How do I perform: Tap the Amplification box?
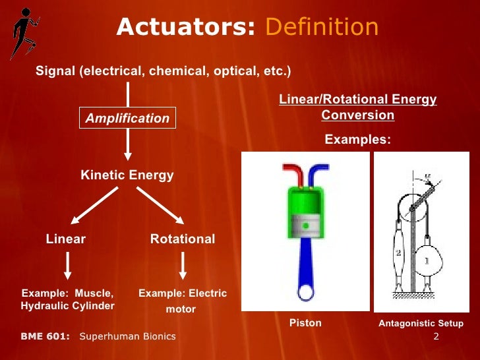point(127,119)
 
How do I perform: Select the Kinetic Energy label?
point(127,175)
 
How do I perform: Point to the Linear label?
point(66,239)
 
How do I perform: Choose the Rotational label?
point(183,239)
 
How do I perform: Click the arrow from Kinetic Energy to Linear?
point(94,206)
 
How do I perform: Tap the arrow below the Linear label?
point(67,267)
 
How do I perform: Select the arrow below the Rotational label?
point(183,267)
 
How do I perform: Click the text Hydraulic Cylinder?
point(67,306)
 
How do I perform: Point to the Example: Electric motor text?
point(182,301)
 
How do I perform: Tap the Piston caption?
point(305,323)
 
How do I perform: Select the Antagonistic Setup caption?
point(421,324)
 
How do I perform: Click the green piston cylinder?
point(305,211)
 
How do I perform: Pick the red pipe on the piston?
point(291,173)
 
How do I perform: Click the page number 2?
point(436,337)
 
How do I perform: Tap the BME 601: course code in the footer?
point(45,336)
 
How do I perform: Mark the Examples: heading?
point(358,140)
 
